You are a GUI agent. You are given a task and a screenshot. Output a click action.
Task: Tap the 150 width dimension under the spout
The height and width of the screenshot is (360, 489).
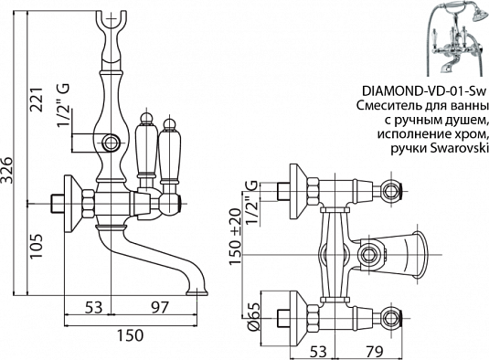(x=131, y=335)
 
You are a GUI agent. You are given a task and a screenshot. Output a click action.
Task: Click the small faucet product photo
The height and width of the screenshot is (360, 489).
(x=452, y=37)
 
